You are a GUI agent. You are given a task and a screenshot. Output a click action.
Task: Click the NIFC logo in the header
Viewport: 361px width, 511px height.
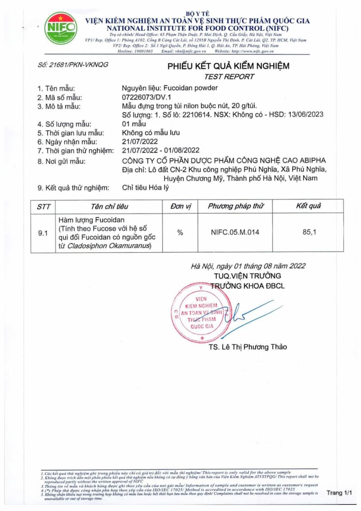[x=60, y=28]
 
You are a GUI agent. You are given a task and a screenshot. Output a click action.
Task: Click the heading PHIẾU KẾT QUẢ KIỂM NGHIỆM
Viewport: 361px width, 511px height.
[x=229, y=66]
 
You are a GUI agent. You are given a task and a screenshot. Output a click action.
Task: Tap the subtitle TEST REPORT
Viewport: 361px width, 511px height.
[x=229, y=77]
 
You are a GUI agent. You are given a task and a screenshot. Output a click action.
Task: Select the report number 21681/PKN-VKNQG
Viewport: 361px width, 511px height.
[x=73, y=65]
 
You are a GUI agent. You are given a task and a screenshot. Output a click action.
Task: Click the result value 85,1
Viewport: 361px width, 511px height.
[x=309, y=232]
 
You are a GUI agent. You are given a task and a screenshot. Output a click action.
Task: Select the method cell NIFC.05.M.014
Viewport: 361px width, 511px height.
[x=235, y=232]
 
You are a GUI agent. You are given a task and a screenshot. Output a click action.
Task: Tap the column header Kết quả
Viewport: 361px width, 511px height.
[x=308, y=206]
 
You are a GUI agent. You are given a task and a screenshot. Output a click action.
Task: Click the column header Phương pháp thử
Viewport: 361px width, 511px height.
[x=236, y=206]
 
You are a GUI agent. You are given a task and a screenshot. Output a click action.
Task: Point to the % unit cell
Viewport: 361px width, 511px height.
[x=180, y=232]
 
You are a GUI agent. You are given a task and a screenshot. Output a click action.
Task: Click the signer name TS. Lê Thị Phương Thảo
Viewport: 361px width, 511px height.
[x=248, y=347]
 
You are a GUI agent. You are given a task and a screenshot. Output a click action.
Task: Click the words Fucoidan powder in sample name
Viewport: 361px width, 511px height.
[x=194, y=88]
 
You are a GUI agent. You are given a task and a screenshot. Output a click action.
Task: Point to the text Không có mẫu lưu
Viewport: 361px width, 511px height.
[x=151, y=133]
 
